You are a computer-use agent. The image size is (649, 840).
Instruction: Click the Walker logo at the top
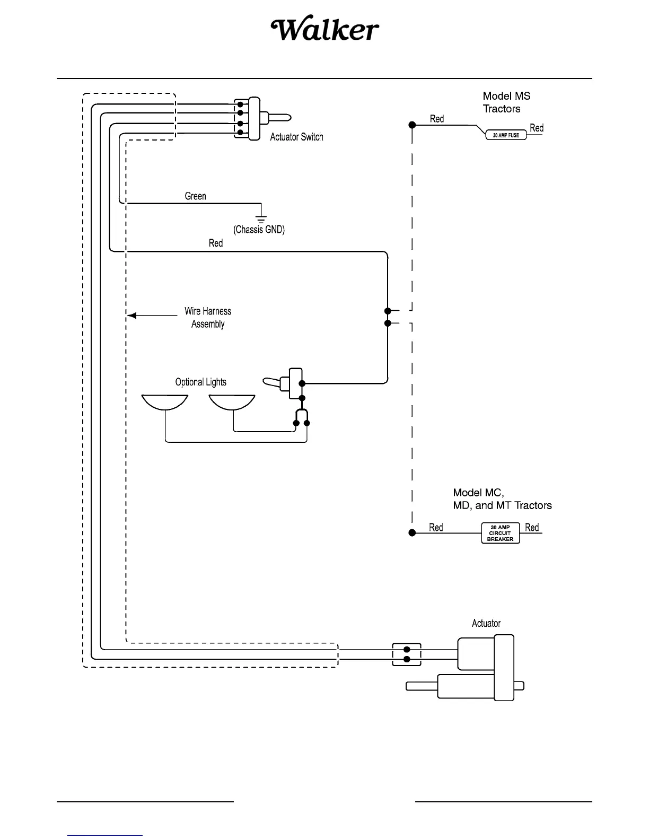pyautogui.click(x=325, y=31)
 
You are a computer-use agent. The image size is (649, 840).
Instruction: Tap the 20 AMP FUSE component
pyautogui.click(x=506, y=135)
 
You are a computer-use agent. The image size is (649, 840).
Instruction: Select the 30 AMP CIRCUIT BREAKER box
pyautogui.click(x=500, y=533)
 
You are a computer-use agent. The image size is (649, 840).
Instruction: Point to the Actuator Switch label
pyautogui.click(x=296, y=137)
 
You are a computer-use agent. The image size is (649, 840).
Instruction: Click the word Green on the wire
pyautogui.click(x=195, y=196)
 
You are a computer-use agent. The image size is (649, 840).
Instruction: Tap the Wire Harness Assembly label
pyautogui.click(x=208, y=318)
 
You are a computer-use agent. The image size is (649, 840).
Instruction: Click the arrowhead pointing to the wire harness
pyautogui.click(x=132, y=316)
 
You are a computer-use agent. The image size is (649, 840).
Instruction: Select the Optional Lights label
pyautogui.click(x=200, y=382)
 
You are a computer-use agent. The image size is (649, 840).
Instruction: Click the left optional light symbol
pyautogui.click(x=165, y=402)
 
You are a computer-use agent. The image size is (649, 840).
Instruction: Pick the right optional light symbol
pyautogui.click(x=232, y=402)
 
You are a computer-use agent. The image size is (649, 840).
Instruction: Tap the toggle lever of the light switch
pyautogui.click(x=273, y=381)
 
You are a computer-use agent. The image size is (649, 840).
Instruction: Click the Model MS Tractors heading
pyautogui.click(x=506, y=102)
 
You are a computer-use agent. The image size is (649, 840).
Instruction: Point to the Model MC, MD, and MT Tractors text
pyautogui.click(x=502, y=499)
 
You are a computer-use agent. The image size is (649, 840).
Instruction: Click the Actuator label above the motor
pyautogui.click(x=486, y=623)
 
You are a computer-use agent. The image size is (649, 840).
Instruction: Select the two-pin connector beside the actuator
pyautogui.click(x=407, y=654)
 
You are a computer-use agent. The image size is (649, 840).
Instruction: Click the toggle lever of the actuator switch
pyautogui.click(x=279, y=118)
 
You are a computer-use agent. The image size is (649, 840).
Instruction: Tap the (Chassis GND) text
pyautogui.click(x=259, y=230)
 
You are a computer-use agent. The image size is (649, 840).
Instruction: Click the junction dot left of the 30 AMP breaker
pyautogui.click(x=412, y=532)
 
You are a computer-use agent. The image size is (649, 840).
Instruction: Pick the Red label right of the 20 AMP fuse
pyautogui.click(x=537, y=128)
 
